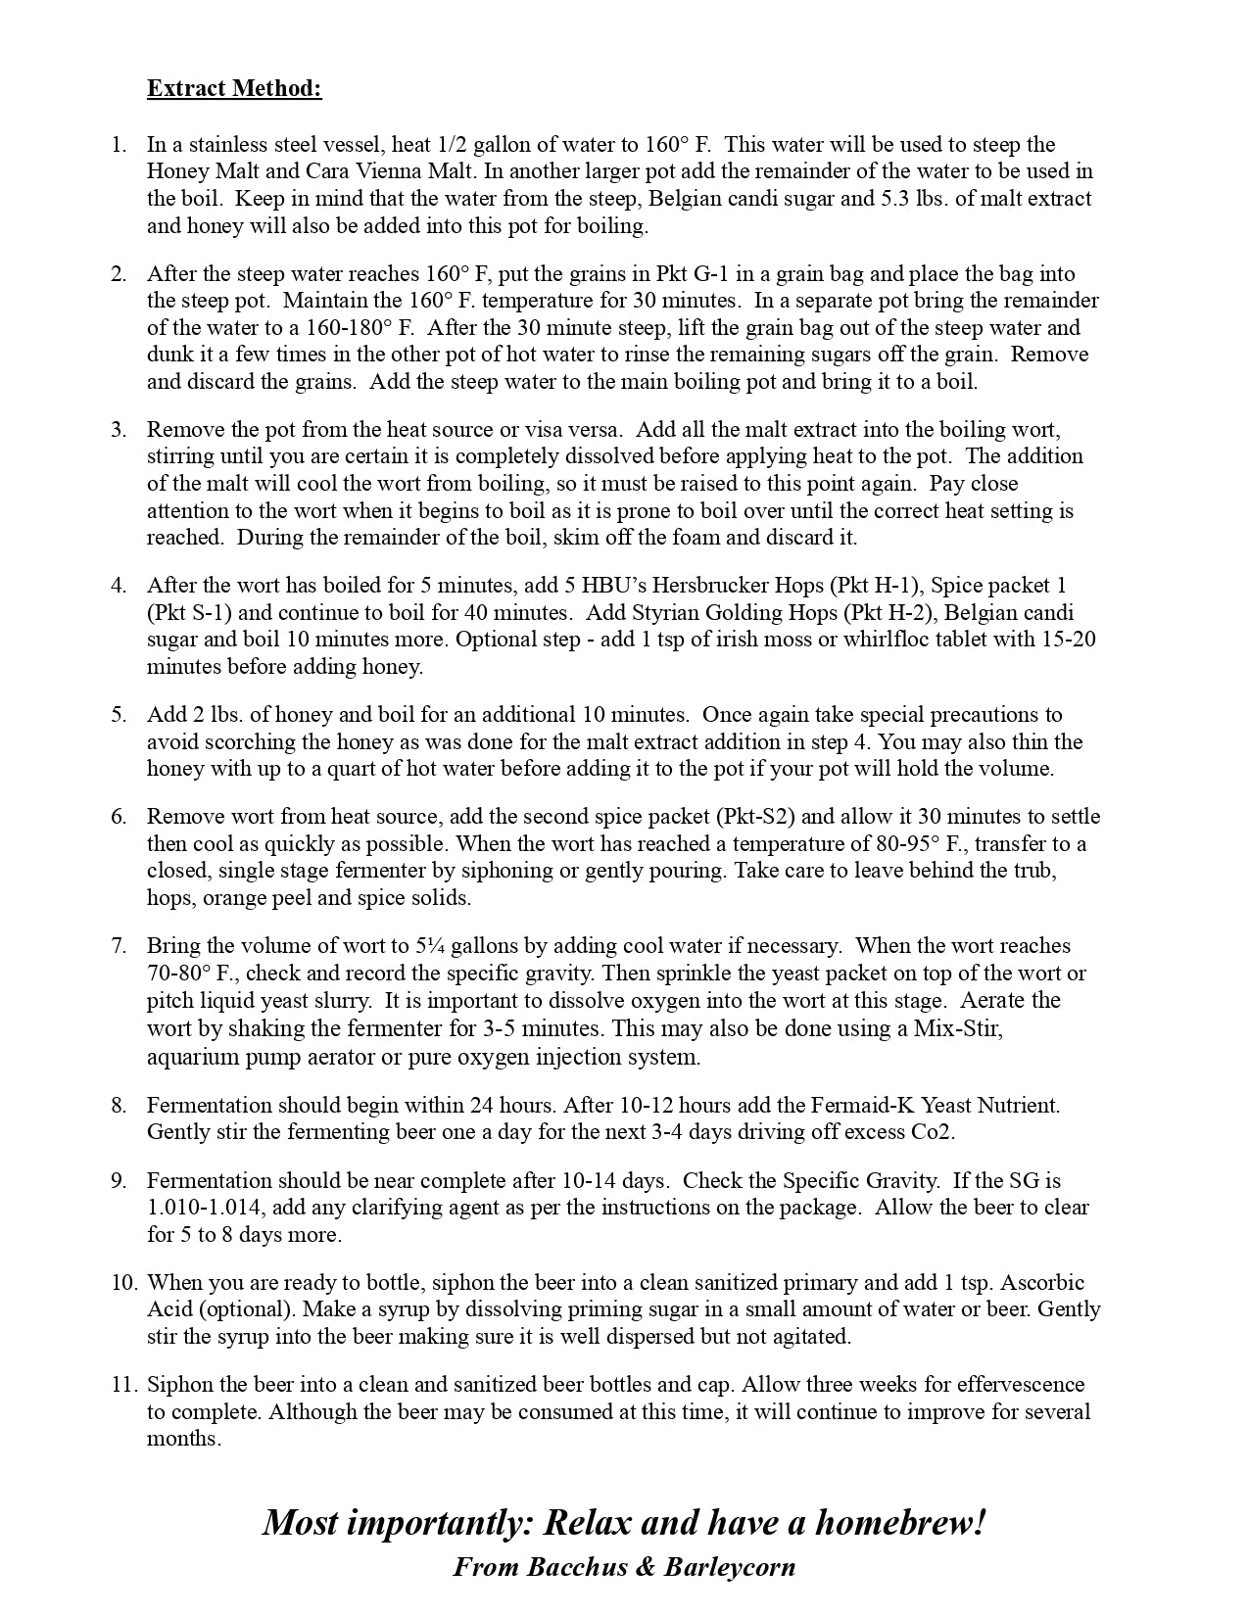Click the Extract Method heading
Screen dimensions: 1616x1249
point(234,88)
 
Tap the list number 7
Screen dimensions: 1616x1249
point(119,946)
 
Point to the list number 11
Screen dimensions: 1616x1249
point(122,1385)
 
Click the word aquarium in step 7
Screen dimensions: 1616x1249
point(189,1058)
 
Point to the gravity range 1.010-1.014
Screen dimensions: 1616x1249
point(207,1208)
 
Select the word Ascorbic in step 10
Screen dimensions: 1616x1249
point(1043,1283)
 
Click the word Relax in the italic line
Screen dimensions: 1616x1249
point(591,1523)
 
